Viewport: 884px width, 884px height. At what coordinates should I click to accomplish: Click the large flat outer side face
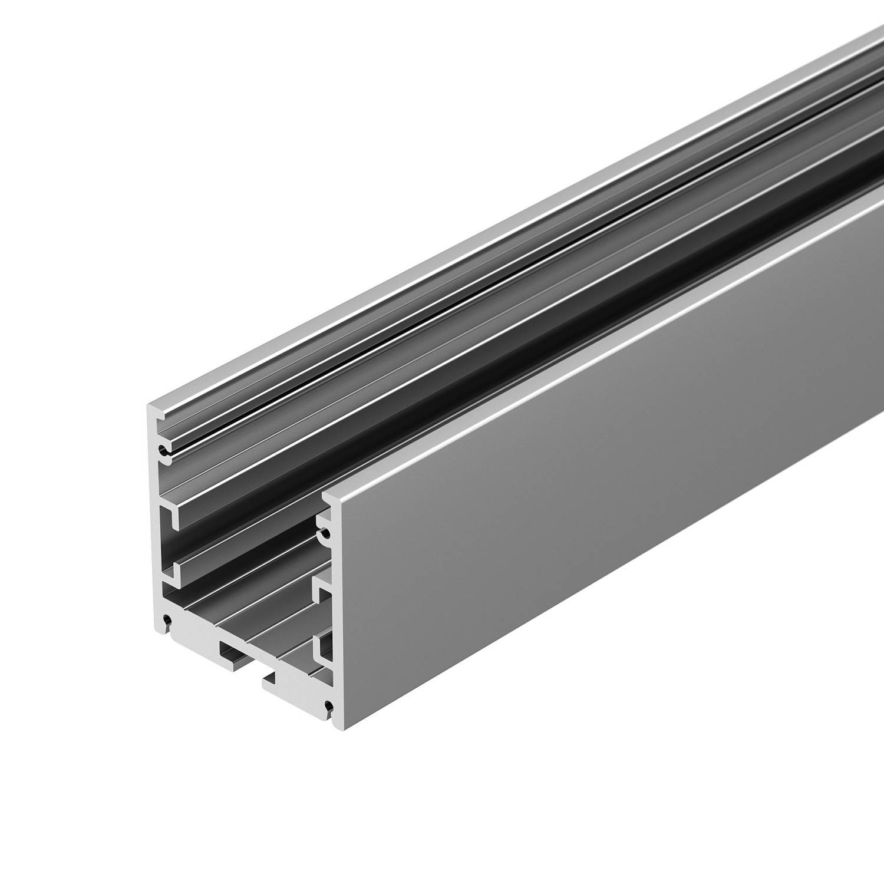589,501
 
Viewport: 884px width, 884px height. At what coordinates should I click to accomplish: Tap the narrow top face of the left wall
471,224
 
